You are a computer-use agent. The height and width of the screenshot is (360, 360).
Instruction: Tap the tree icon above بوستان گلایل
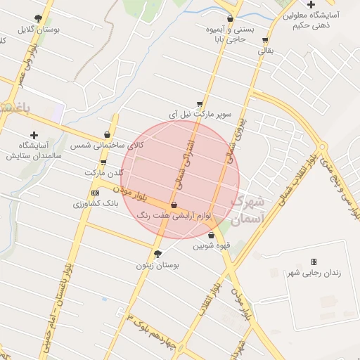(x=38, y=19)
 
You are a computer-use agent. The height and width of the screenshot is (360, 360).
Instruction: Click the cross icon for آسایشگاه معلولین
(x=311, y=4)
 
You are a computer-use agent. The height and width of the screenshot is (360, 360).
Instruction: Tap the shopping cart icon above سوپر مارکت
(x=200, y=103)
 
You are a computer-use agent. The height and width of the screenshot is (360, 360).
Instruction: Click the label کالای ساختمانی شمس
(x=98, y=145)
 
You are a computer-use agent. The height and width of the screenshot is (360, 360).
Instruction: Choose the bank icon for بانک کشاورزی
(x=96, y=193)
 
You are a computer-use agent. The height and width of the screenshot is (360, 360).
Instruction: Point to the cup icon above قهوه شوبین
(x=211, y=235)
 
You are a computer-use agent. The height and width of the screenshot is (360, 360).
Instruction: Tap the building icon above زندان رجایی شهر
(x=314, y=262)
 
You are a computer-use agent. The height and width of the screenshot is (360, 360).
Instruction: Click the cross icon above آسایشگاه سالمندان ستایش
(x=34, y=134)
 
